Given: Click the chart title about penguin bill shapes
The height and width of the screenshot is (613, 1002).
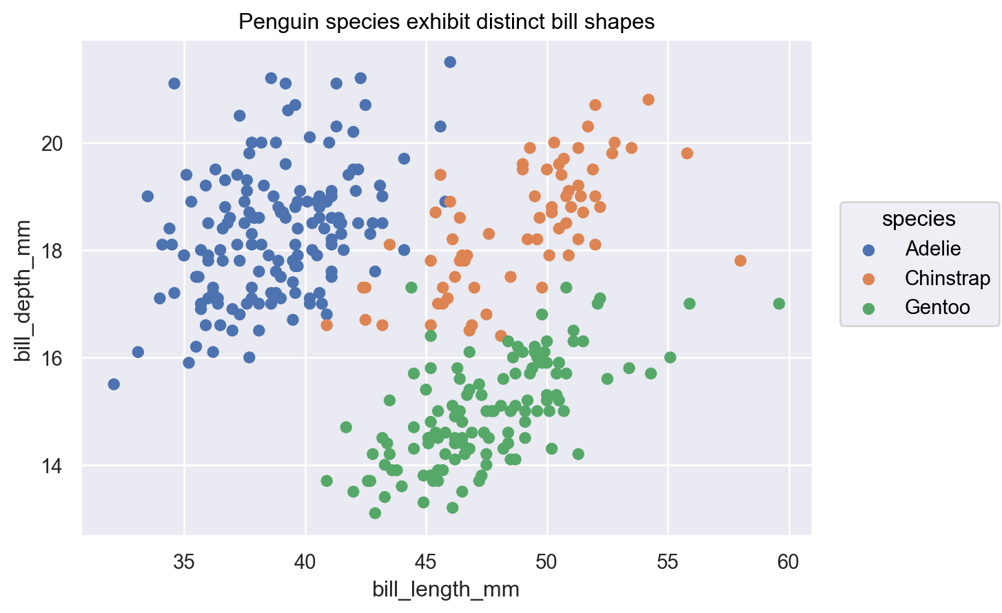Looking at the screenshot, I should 446,22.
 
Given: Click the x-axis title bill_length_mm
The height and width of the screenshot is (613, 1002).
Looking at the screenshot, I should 446,590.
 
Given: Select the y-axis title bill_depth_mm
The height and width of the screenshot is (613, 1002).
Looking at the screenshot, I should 23,291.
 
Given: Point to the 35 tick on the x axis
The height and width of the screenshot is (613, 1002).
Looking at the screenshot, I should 184,562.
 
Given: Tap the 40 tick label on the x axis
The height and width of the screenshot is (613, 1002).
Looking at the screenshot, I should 305,562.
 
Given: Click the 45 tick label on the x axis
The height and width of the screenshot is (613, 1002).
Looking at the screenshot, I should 426,562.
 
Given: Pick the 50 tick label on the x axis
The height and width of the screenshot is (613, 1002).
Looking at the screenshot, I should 547,562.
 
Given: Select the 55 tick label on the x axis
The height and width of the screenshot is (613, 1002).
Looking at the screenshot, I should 668,562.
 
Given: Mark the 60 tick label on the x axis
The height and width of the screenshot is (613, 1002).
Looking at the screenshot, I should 788,562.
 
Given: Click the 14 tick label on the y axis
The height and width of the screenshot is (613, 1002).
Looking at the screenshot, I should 52,466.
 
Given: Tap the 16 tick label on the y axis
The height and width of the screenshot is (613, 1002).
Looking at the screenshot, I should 52,359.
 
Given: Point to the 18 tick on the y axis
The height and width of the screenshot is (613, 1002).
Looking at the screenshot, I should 52,251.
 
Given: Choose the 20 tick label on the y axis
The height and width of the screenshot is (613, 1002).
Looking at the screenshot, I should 52,144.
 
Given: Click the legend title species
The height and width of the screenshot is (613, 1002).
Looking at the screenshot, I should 919,219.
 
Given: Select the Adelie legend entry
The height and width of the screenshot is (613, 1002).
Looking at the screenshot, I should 932,249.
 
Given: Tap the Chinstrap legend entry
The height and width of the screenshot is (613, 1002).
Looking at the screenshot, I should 947,278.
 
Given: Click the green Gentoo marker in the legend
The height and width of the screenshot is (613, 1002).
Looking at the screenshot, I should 868,308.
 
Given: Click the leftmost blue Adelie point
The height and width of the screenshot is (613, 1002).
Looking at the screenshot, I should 114,384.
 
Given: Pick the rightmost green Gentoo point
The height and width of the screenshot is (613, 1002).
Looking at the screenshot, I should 779,304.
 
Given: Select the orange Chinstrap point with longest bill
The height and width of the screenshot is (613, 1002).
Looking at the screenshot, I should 740,260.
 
